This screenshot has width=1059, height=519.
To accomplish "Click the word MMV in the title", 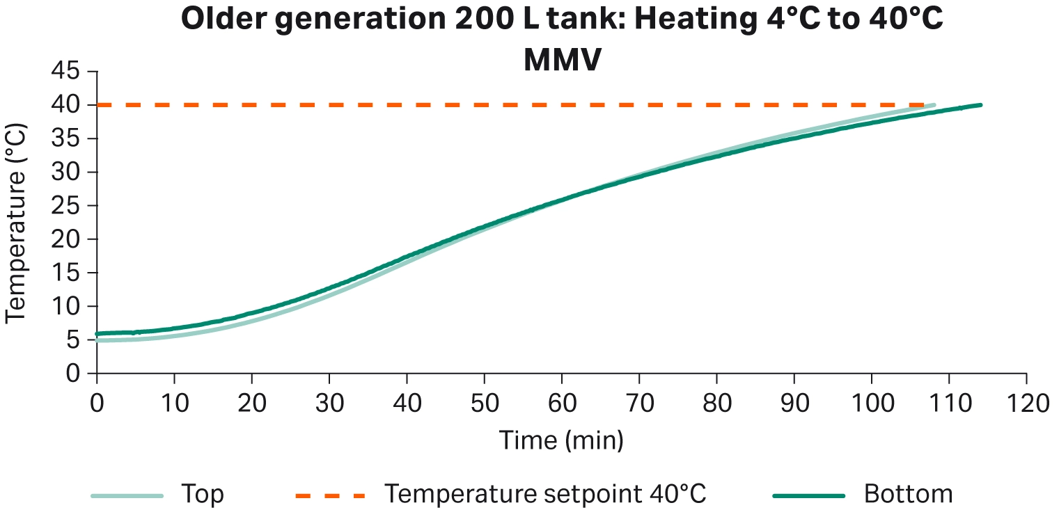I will [562, 61].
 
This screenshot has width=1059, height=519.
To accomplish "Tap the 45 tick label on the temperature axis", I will [64, 72].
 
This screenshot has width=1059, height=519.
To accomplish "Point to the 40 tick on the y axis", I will [64, 105].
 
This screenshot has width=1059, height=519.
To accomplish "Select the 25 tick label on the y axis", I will [64, 206].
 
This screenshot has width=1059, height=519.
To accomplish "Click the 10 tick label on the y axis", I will [64, 306].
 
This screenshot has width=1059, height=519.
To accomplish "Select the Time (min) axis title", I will [561, 440].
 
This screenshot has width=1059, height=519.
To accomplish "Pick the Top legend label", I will [203, 495].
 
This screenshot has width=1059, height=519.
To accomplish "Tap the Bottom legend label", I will [908, 495].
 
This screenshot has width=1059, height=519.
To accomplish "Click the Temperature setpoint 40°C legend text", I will [546, 495].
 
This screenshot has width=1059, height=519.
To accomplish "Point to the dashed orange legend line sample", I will [330, 496].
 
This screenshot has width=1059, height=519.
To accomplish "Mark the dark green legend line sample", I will [808, 496].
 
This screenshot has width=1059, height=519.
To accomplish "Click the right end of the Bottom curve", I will [980, 105].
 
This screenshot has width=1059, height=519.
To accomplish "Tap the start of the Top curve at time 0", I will [97, 340].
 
